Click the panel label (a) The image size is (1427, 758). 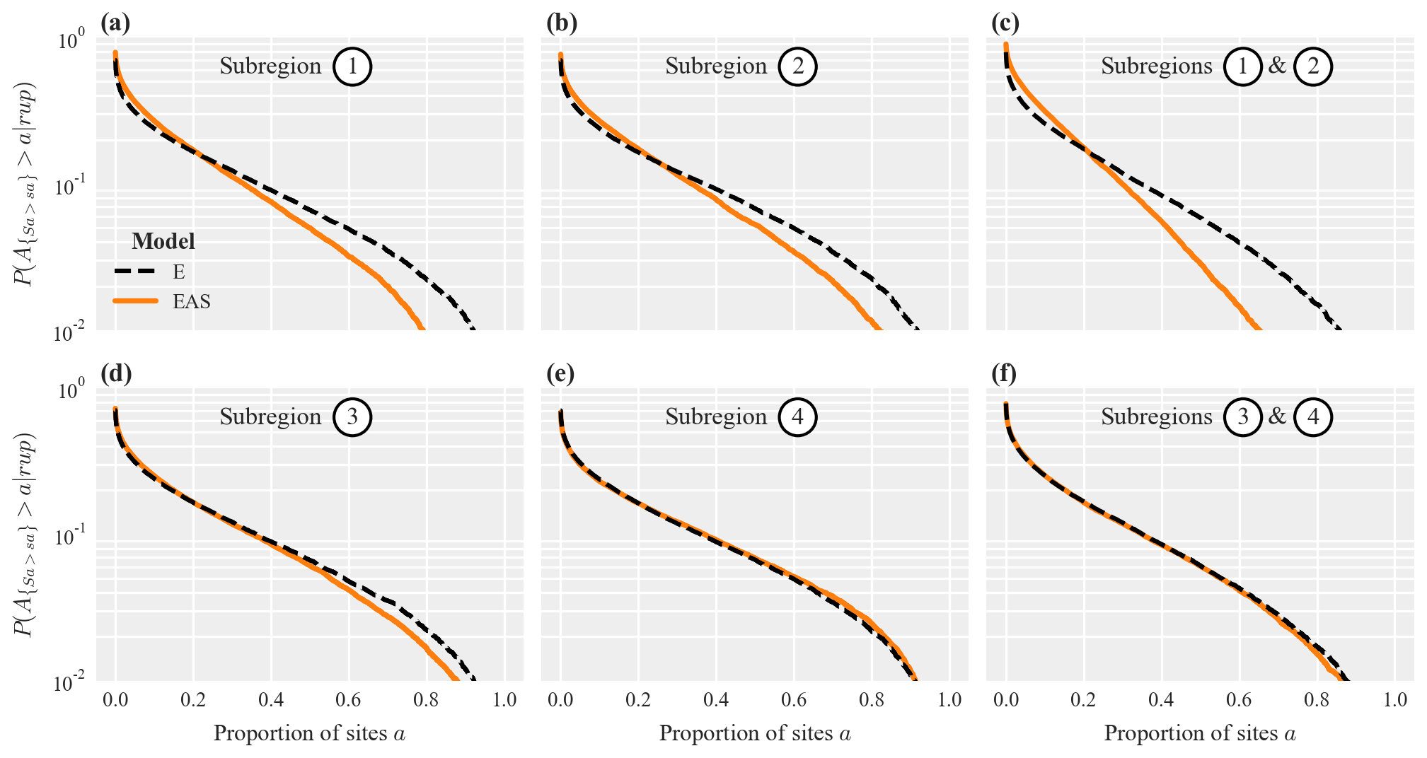pyautogui.click(x=115, y=23)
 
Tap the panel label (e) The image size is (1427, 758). pyautogui.click(x=560, y=373)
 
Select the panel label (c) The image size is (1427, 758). pyautogui.click(x=1005, y=23)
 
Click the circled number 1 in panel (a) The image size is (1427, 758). pyautogui.click(x=352, y=66)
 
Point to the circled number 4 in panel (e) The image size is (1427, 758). pyautogui.click(x=797, y=417)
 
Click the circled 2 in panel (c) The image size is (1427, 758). pyautogui.click(x=1313, y=66)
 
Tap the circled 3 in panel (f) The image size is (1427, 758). pyautogui.click(x=1243, y=417)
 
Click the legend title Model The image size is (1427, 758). pyautogui.click(x=163, y=242)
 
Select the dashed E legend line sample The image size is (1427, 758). pyautogui.click(x=134, y=272)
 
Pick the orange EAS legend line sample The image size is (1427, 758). pyautogui.click(x=134, y=302)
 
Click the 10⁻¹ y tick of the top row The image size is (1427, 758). pyautogui.click(x=70, y=189)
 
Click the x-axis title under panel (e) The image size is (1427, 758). pyautogui.click(x=755, y=733)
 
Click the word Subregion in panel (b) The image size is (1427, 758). pyautogui.click(x=716, y=66)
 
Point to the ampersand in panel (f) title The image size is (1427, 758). pyautogui.click(x=1277, y=416)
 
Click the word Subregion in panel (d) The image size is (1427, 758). pyautogui.click(x=270, y=417)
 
